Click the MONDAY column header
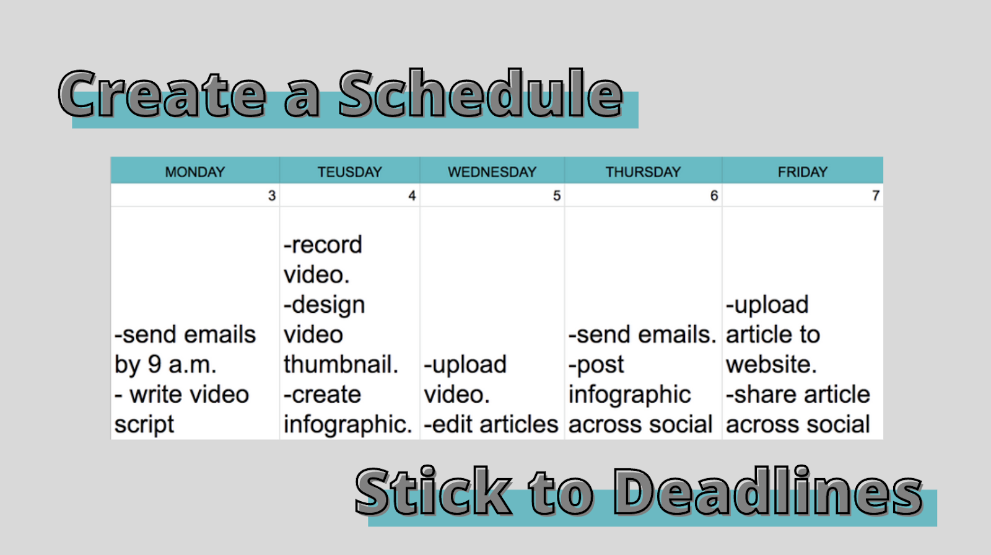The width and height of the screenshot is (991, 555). [x=195, y=172]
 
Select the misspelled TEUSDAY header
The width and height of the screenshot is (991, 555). [x=349, y=172]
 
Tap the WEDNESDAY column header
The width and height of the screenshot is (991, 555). [x=492, y=172]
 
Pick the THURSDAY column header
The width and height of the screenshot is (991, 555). [x=644, y=172]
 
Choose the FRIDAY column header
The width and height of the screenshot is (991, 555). [x=803, y=172]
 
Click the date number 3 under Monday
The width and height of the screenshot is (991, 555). [x=272, y=196]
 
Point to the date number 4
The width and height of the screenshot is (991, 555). [x=412, y=196]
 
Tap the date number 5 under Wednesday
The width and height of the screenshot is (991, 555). [x=557, y=196]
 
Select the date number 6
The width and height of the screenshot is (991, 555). [x=714, y=196]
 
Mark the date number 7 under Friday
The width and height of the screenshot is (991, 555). [x=876, y=196]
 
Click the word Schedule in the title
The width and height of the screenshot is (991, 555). [x=481, y=94]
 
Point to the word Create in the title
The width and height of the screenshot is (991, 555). [x=163, y=95]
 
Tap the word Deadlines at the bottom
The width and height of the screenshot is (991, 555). [x=769, y=492]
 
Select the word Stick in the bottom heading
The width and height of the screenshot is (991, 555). [x=433, y=492]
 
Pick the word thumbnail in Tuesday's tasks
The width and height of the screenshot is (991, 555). [x=341, y=364]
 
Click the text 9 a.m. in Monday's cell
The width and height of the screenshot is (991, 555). [x=182, y=365]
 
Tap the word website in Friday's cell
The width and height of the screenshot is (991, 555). [x=771, y=364]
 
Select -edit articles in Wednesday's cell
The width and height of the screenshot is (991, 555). [x=491, y=424]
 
